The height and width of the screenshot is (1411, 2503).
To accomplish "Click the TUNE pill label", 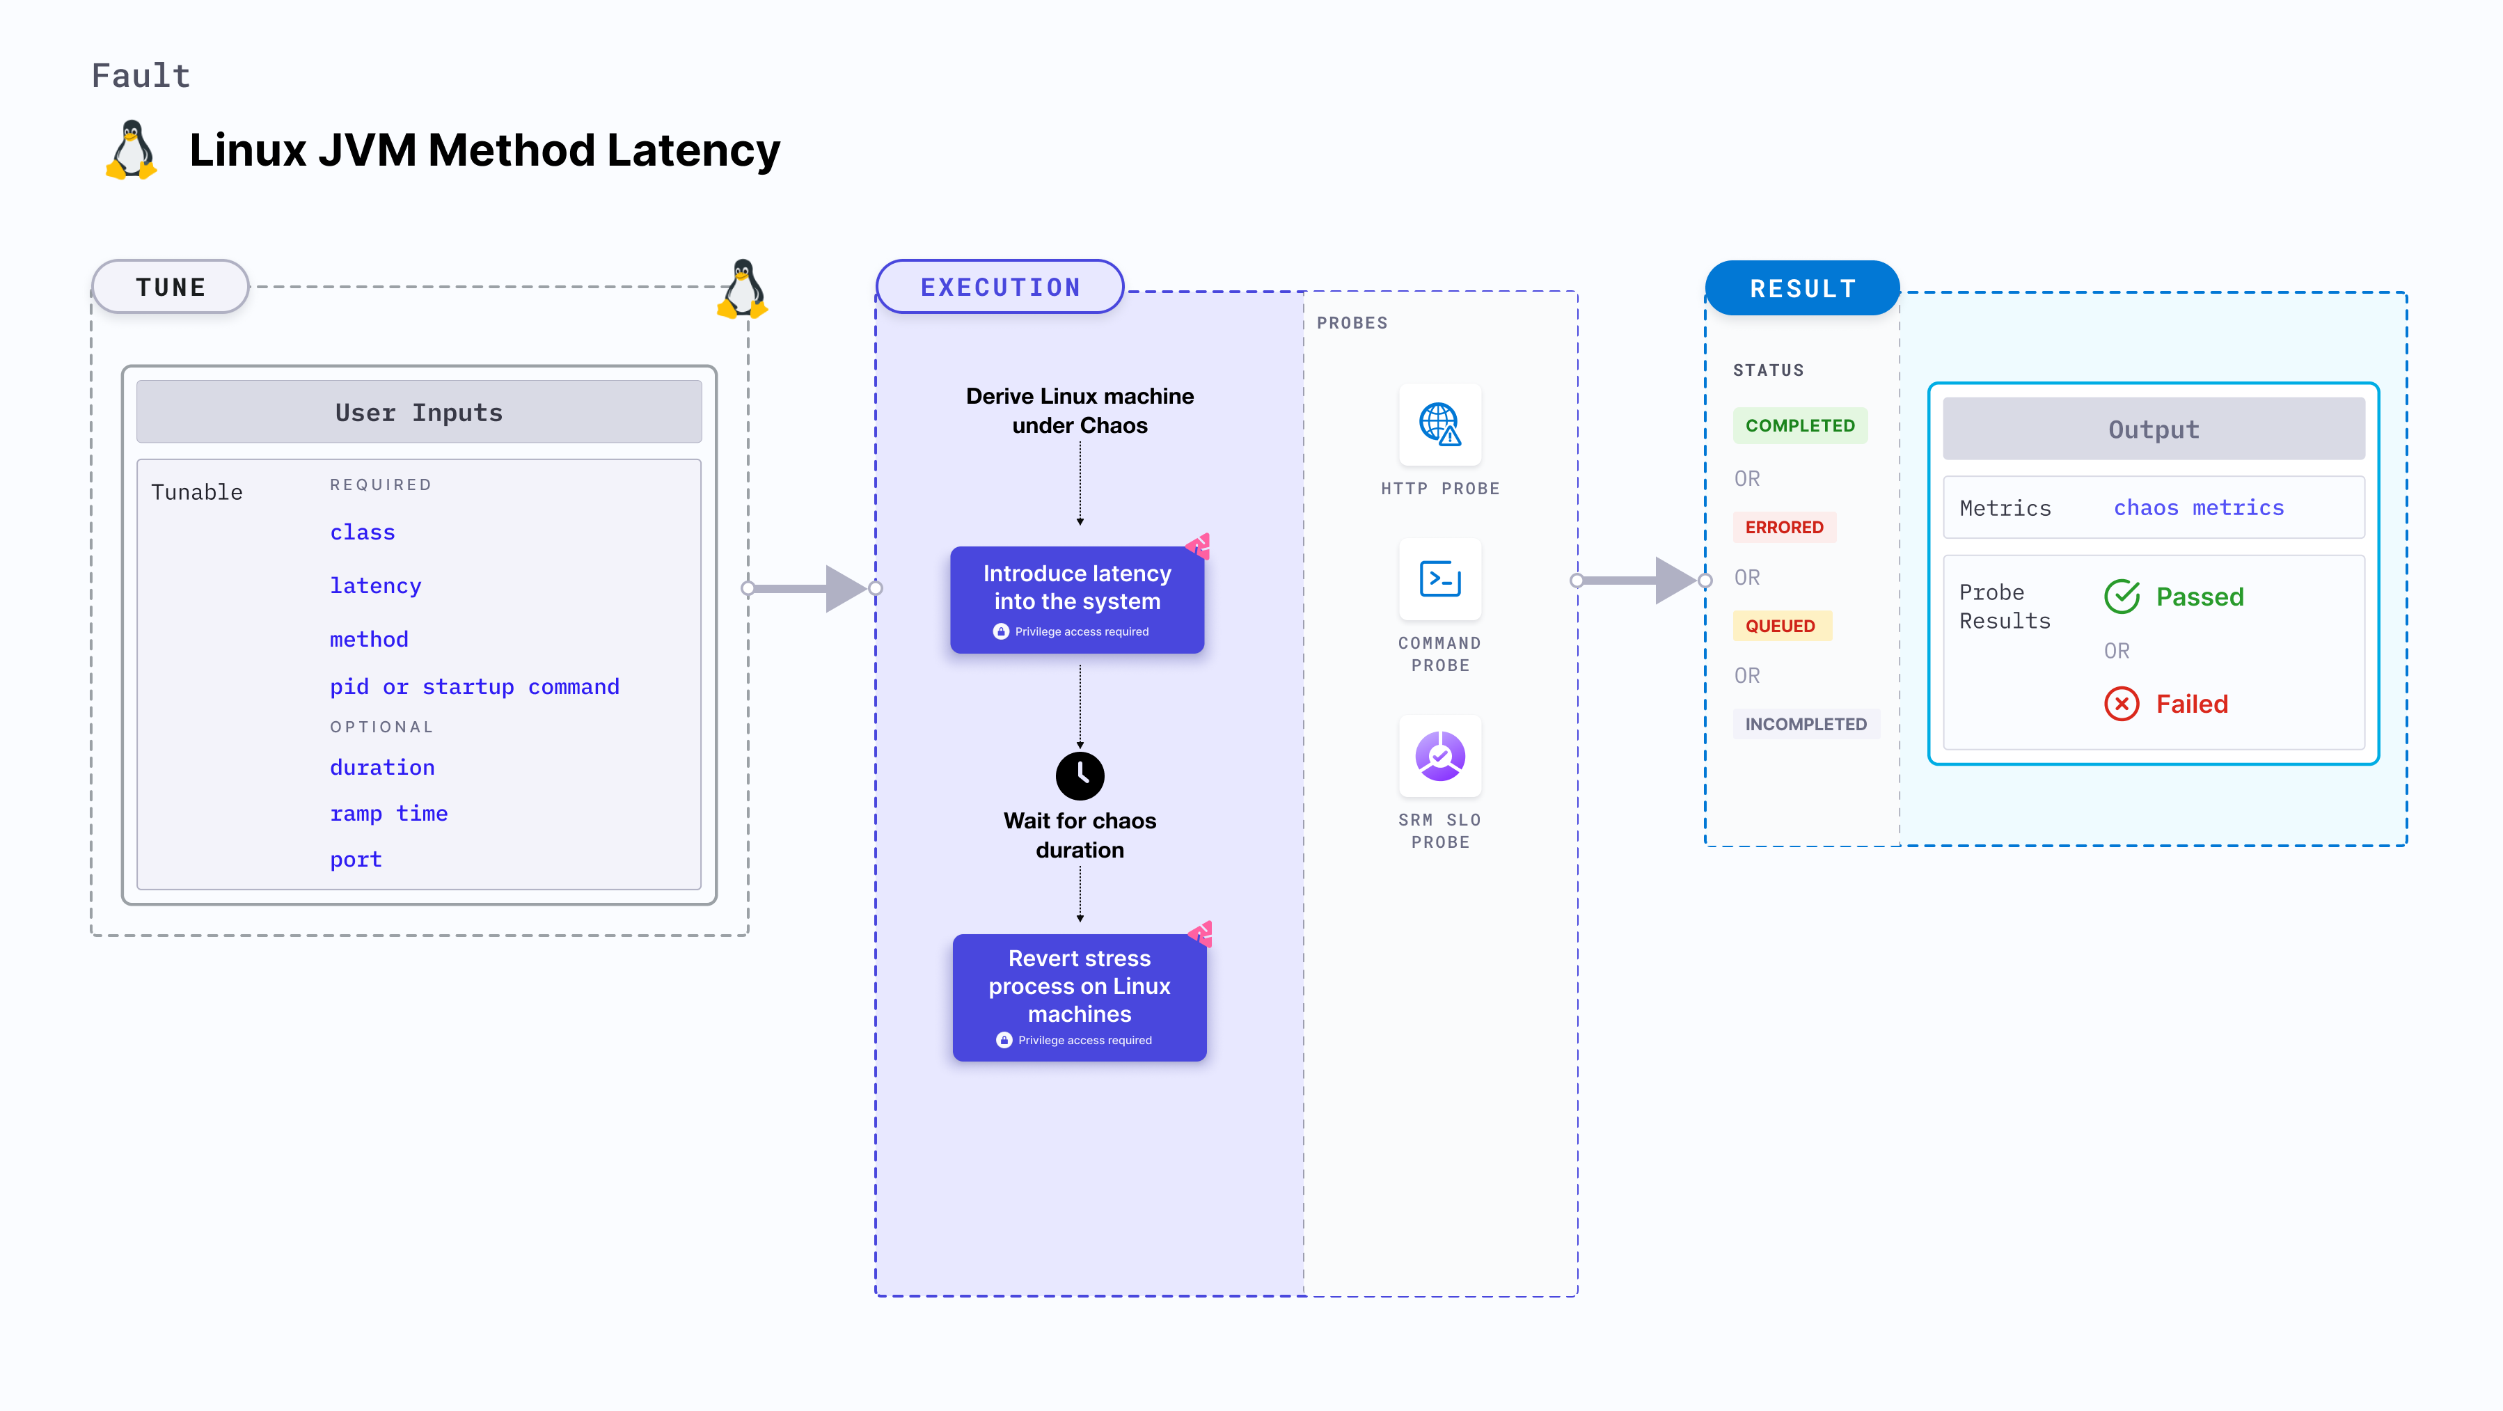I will point(171,287).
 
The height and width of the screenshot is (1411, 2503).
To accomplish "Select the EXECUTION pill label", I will point(1000,287).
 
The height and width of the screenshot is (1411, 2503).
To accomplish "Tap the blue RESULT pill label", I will point(1803,289).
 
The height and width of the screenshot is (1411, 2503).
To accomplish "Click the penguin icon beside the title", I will point(132,150).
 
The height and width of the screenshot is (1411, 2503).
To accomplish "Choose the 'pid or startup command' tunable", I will point(474,687).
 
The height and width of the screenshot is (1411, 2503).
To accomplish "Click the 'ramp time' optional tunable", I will point(388,813).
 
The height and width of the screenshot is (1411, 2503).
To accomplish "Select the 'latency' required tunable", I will point(375,586).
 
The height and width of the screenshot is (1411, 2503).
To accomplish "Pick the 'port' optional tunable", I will point(356,859).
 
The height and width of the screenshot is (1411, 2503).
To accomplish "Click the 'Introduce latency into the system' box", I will point(1077,599).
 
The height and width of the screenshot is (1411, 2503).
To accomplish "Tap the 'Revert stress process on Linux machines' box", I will point(1080,997).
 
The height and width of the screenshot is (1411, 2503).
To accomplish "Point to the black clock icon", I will point(1080,775).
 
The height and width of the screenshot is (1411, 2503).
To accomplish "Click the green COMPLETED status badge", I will point(1799,425).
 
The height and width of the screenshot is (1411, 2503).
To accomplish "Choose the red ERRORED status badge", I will point(1784,527).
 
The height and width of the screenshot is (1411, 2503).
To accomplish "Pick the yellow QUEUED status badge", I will point(1780,626).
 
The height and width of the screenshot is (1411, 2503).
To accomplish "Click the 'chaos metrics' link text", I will point(2199,507).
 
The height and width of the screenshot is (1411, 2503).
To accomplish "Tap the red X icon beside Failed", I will point(2121,704).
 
